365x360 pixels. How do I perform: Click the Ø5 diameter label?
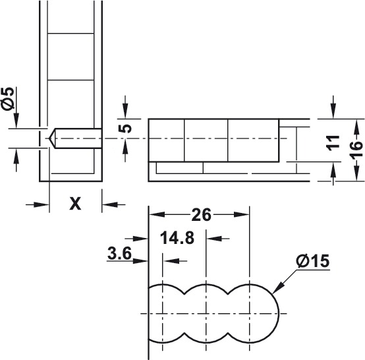[x=7, y=98]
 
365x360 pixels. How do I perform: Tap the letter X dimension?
[x=75, y=204]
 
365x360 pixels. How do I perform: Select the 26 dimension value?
[x=201, y=215]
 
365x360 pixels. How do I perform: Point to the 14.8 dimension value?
[x=177, y=238]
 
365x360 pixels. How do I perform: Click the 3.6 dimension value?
[x=119, y=253]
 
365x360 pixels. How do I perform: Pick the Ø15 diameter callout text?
[x=313, y=260]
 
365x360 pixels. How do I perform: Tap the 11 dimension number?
[x=333, y=142]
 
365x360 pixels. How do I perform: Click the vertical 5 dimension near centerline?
[x=125, y=129]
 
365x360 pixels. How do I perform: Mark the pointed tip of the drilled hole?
[x=49, y=138]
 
